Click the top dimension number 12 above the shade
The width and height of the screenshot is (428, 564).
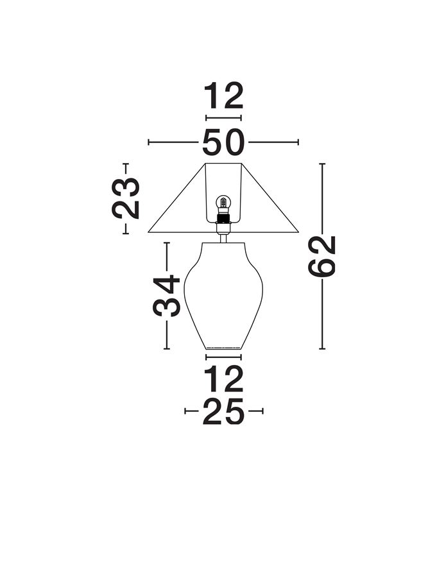224,96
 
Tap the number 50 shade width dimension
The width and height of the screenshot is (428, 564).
223,142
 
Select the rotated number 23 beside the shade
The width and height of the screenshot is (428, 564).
125,198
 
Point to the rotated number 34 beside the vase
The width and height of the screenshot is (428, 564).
167,296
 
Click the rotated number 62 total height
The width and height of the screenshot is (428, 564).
322,257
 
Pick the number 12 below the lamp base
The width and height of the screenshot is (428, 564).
224,379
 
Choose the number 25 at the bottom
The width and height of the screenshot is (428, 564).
223,411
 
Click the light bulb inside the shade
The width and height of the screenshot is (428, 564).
223,203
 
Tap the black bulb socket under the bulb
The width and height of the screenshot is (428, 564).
223,218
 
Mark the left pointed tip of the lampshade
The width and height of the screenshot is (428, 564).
148,232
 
